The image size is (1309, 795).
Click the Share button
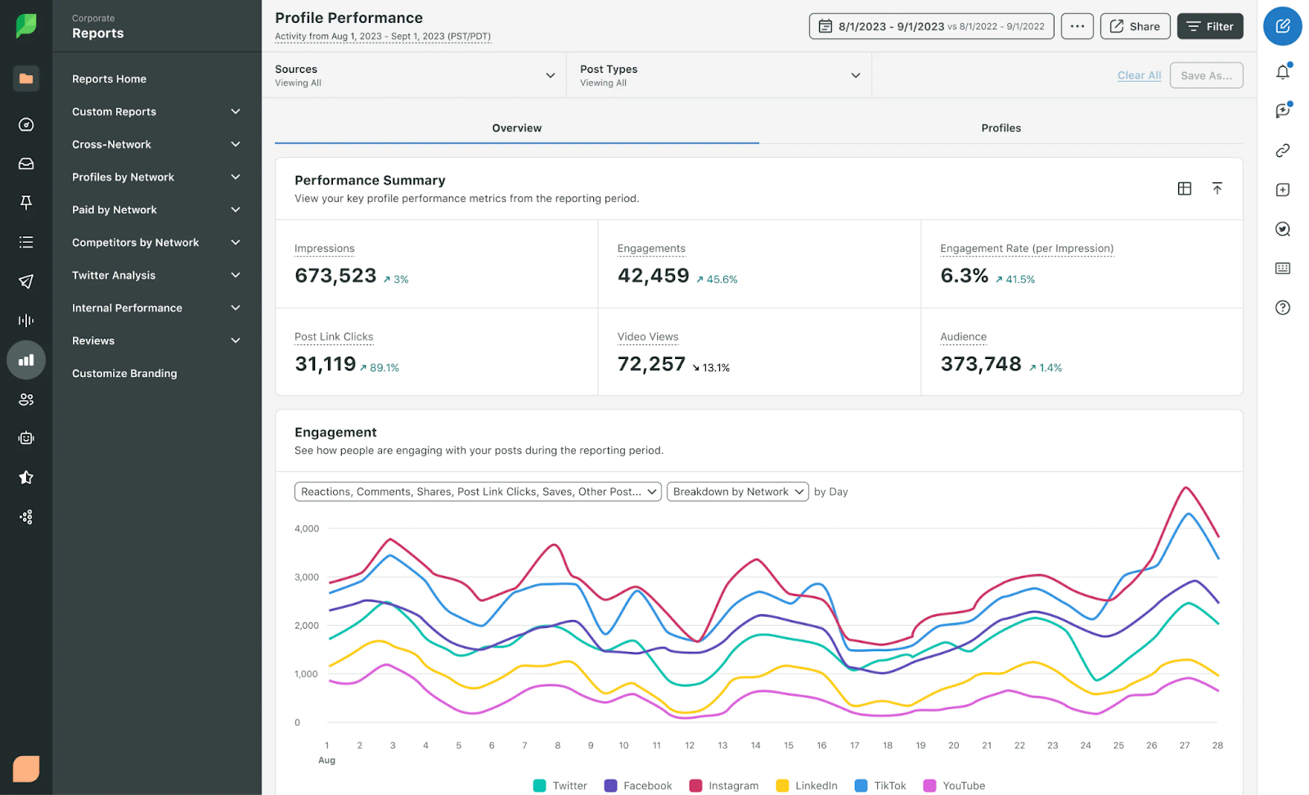click(x=1135, y=26)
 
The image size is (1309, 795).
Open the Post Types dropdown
click(x=719, y=75)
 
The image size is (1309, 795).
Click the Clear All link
click(x=1139, y=75)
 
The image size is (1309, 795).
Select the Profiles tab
click(x=1001, y=128)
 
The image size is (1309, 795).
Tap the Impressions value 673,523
click(x=335, y=276)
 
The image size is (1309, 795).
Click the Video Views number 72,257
click(x=651, y=364)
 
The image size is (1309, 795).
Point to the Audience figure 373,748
click(x=981, y=364)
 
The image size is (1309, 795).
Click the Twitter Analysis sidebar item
click(x=114, y=275)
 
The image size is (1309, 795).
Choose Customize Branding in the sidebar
click(x=124, y=373)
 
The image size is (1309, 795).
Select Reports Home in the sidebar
click(x=109, y=79)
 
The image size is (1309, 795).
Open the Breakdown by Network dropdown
click(x=737, y=492)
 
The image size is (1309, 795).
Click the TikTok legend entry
click(x=880, y=785)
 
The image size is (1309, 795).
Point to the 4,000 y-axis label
click(x=307, y=529)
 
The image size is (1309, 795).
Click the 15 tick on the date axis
click(x=789, y=745)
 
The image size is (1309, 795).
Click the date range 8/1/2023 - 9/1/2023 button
click(x=931, y=26)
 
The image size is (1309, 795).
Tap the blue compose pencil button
click(x=1282, y=26)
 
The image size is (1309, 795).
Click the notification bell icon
click(x=1282, y=72)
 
